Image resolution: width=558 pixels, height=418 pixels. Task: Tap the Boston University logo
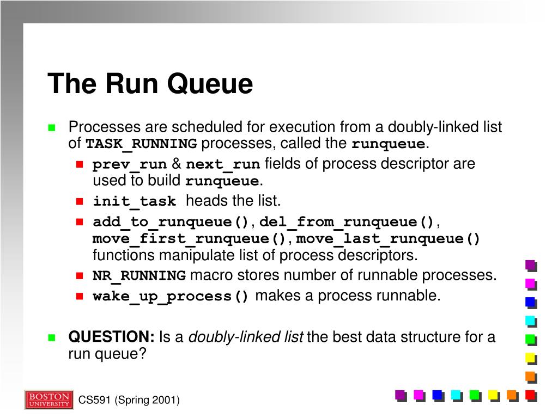tap(48, 399)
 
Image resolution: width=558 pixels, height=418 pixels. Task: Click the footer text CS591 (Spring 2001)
tap(129, 401)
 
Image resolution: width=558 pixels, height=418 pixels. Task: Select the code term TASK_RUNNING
tap(142, 144)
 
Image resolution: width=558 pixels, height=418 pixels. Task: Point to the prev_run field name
tap(129, 164)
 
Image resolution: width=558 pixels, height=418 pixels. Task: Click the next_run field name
tap(223, 164)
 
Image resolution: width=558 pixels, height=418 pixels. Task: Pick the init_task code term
tap(135, 202)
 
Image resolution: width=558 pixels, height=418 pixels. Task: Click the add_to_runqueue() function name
tap(171, 223)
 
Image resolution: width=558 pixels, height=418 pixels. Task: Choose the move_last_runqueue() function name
tap(389, 239)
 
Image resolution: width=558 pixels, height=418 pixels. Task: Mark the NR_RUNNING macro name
tap(139, 276)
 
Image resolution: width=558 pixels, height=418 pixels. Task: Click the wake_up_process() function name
tap(171, 297)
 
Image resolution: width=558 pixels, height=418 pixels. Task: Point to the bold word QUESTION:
tap(112, 337)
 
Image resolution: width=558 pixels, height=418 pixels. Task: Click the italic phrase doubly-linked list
tap(246, 337)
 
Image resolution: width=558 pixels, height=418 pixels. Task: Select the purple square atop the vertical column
tap(530, 266)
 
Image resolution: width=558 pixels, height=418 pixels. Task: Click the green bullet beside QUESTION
tap(52, 337)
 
